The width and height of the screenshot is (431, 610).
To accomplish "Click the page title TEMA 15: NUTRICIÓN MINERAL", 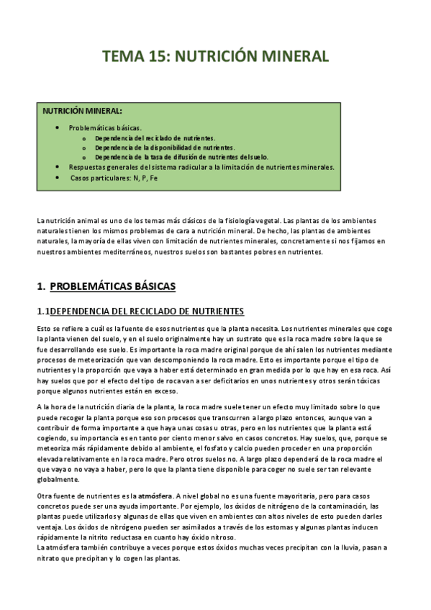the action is (x=215, y=57).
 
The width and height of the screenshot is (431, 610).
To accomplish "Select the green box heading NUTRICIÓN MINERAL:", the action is (x=82, y=111).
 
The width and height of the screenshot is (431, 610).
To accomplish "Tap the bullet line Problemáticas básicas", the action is (x=110, y=127).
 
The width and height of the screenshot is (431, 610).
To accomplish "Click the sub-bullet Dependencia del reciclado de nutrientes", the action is (x=155, y=137).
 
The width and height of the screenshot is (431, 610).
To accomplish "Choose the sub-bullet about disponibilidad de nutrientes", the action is (x=164, y=147).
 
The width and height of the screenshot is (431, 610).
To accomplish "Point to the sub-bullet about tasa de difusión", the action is (x=181, y=156).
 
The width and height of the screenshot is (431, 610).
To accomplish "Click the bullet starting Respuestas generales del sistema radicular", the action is (x=201, y=166).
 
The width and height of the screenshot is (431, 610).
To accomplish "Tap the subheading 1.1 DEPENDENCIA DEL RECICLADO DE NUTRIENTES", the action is (x=140, y=311).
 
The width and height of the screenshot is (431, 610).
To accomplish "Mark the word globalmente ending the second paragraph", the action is (x=59, y=478).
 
